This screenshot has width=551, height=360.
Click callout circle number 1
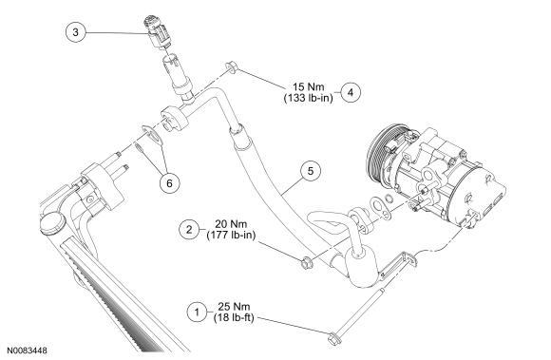pos(197,312)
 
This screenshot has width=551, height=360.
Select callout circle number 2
pos(189,230)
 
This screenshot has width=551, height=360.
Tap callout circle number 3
pos(76,32)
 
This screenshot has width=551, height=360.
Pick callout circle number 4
pos(351,92)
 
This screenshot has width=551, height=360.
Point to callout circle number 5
pos(311,171)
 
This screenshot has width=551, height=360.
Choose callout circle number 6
pos(169,183)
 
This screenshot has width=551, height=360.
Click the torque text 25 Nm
pos(234,306)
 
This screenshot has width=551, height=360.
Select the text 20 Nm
pos(231,224)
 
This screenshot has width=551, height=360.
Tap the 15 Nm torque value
pos(309,86)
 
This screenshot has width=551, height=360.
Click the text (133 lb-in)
pos(308,98)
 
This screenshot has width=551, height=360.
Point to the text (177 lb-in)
pos(231,235)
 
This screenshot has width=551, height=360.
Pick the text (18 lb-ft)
pos(234,317)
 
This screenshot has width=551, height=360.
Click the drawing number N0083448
pos(27,351)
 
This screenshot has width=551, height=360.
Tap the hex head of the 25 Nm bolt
pos(332,339)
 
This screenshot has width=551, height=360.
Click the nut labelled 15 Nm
pos(231,66)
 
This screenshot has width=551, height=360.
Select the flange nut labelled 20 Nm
pos(306,263)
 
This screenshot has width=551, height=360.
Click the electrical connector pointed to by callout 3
pos(158,31)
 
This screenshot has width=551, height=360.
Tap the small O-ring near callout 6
pos(139,147)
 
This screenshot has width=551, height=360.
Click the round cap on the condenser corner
pos(53,222)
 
